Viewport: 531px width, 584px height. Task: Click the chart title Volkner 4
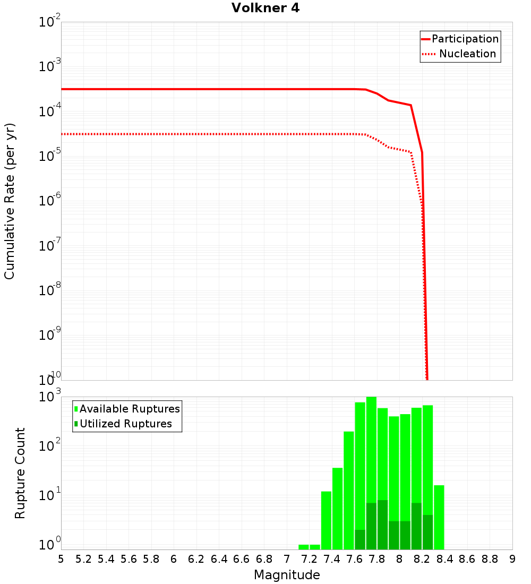[265, 8]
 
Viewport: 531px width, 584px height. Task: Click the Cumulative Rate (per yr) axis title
[10, 201]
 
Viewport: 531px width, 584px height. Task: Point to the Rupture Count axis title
[20, 473]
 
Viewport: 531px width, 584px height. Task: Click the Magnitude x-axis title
[287, 575]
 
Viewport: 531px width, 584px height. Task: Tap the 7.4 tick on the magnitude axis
[332, 559]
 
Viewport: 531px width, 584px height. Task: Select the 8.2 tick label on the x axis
[422, 559]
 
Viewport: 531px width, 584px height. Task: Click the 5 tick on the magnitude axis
[61, 559]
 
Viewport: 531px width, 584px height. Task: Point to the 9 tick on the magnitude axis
[512, 559]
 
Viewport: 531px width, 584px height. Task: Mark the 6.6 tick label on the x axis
[242, 559]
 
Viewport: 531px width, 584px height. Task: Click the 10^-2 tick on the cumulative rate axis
[50, 23]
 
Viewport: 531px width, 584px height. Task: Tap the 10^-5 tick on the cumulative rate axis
[50, 157]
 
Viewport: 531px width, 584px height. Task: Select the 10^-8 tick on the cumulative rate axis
[50, 291]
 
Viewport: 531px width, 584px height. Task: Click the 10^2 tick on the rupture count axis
[50, 446]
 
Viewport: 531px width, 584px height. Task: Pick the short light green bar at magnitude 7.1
[304, 547]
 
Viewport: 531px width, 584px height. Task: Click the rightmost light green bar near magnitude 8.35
[439, 517]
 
